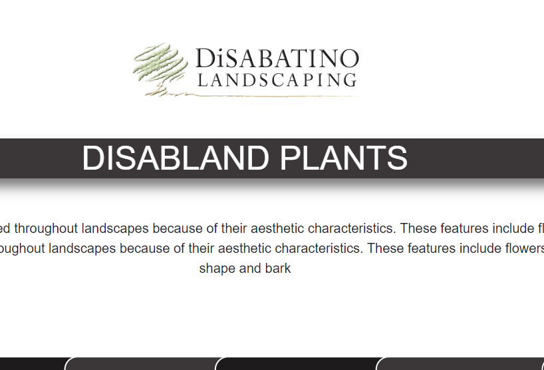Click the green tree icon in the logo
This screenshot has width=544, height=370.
(x=160, y=69)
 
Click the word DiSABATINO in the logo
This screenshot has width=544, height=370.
(x=277, y=58)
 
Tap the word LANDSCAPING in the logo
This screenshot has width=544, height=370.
(x=277, y=80)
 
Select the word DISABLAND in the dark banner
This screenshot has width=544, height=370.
(x=176, y=158)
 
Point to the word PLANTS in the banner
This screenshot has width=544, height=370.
(x=343, y=158)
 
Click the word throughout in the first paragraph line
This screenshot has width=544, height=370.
(x=46, y=228)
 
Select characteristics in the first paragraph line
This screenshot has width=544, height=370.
(x=352, y=228)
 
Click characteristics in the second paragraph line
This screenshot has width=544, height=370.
(x=319, y=248)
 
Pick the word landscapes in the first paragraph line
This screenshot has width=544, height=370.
(x=115, y=228)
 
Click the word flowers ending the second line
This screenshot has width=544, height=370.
(x=525, y=248)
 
